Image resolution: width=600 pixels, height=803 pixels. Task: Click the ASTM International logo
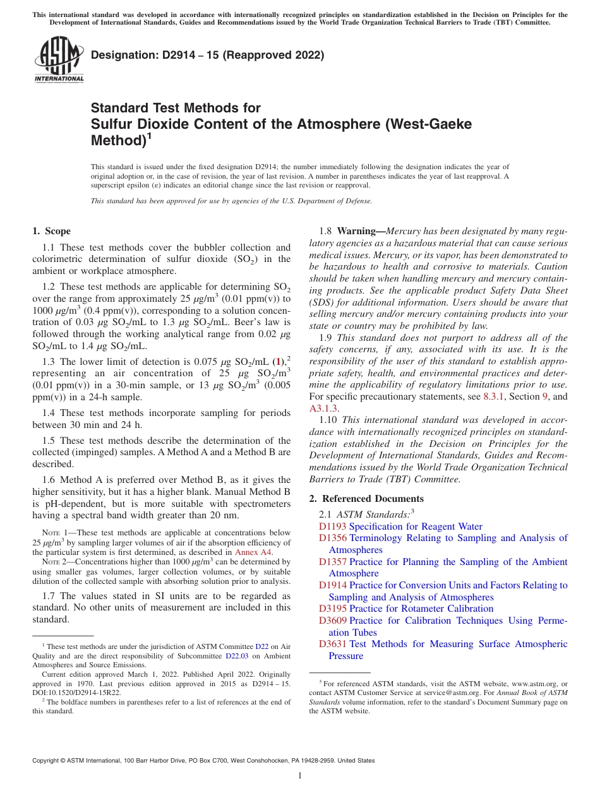(59, 60)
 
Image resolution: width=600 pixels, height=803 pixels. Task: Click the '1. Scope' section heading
(52, 231)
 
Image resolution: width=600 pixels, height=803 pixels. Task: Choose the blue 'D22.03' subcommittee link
(237, 655)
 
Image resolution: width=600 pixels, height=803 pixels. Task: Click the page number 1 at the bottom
(300, 776)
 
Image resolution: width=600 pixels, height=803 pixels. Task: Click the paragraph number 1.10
(329, 420)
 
